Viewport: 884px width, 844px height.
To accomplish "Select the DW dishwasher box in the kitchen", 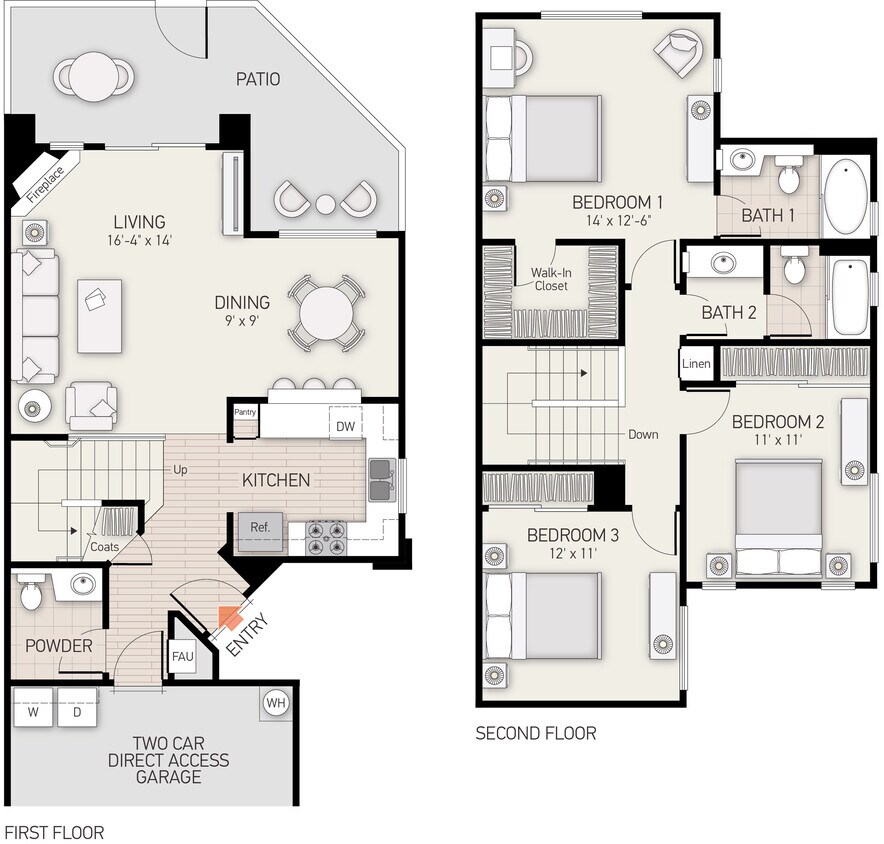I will (345, 427).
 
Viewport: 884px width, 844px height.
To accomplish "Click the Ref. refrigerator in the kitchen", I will (260, 527).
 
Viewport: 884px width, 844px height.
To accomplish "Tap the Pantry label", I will (245, 412).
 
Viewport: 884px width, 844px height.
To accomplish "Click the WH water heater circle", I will (276, 703).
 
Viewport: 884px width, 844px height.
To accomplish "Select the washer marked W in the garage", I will (33, 713).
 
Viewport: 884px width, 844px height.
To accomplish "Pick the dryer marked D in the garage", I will (76, 713).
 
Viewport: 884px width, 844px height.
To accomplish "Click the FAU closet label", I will (183, 657).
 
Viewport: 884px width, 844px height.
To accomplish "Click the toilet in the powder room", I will (31, 592).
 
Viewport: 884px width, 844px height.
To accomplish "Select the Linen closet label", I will (697, 363).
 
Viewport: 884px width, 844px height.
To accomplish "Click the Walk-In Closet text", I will (549, 279).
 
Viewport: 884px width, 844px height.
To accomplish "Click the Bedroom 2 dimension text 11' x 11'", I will (777, 437).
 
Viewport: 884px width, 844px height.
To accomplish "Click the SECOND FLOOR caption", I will (535, 734).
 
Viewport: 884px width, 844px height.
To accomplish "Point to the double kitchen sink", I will (381, 480).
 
